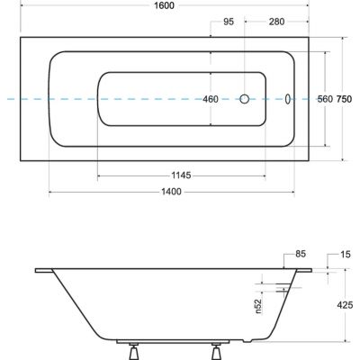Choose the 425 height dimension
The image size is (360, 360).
[345, 305]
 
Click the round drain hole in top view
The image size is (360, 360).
[245, 101]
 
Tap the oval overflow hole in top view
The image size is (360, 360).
[288, 101]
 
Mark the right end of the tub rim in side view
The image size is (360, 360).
[313, 269]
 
